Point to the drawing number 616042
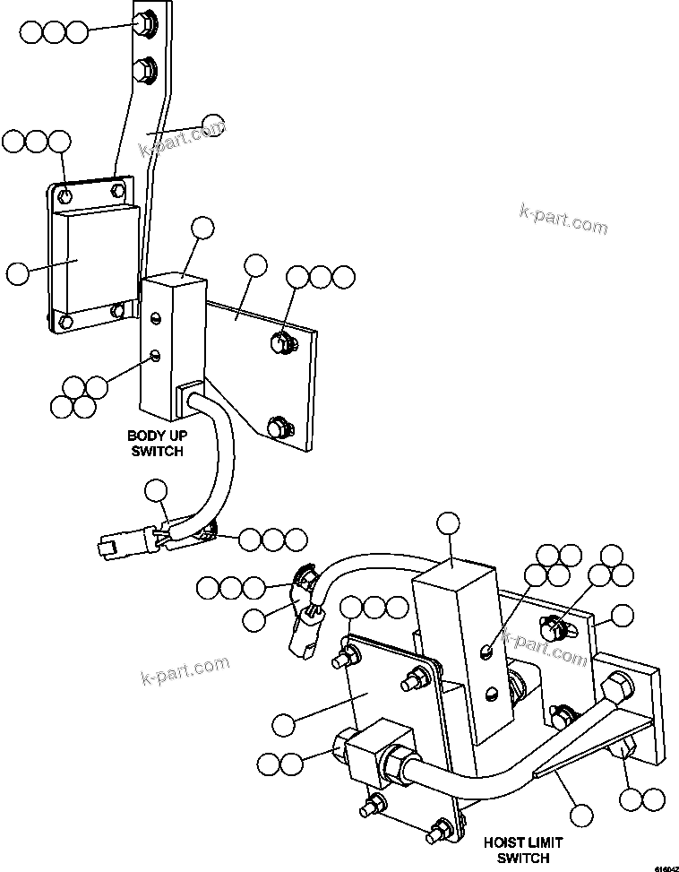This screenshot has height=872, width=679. [664, 867]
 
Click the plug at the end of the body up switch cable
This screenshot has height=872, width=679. [106, 543]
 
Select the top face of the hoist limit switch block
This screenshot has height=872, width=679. [452, 571]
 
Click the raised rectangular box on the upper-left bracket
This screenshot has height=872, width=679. [94, 259]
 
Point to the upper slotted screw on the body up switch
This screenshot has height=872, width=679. [156, 317]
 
